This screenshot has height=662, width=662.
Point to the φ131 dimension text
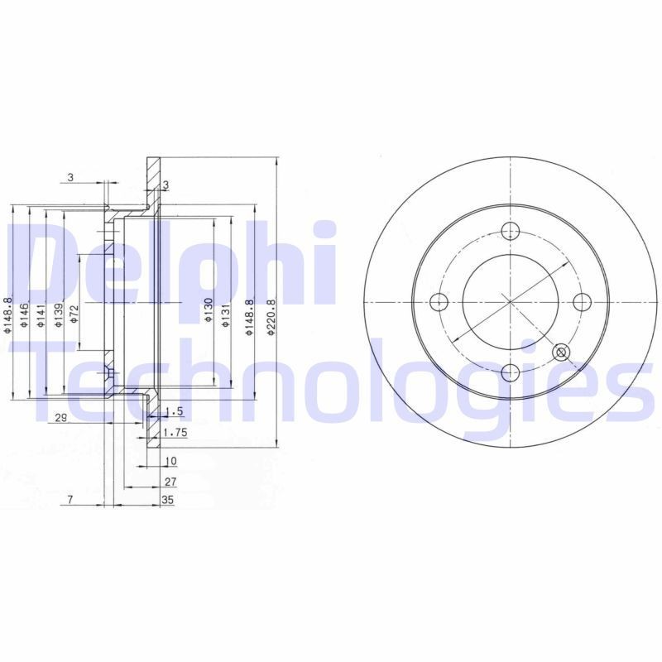[x=225, y=311]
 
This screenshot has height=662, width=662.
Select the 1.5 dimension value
[x=174, y=411]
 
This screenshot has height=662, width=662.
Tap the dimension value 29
[x=60, y=419]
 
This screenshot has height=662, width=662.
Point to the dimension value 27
[x=170, y=480]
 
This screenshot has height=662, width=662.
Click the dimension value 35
[x=168, y=500]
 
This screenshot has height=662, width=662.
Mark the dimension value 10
[x=170, y=460]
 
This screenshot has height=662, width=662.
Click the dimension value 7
[x=71, y=500]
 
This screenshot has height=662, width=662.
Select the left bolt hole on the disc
[x=440, y=300]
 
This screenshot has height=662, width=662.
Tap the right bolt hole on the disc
[x=581, y=300]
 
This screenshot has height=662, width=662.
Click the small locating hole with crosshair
[x=561, y=353]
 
